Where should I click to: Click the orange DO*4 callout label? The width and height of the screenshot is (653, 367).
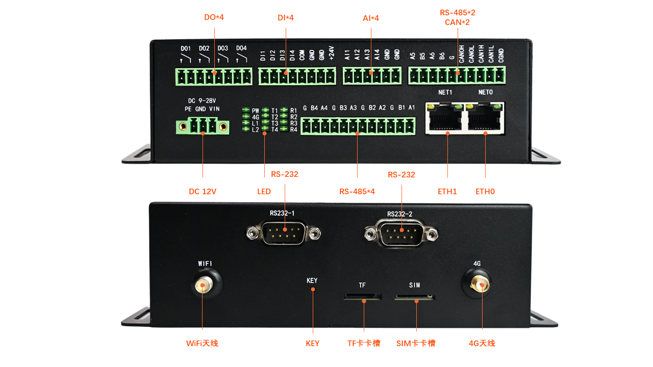click(x=214, y=17)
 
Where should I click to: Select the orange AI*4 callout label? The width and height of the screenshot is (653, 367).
click(x=371, y=18)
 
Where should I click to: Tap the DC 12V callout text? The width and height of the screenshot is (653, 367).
click(x=203, y=192)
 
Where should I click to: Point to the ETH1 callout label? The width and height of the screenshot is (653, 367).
click(x=447, y=192)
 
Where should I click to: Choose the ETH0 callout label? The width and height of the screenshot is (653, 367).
click(x=485, y=192)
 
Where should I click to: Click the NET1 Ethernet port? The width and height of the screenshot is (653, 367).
click(x=447, y=119)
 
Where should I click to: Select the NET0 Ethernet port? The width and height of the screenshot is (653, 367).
click(x=485, y=119)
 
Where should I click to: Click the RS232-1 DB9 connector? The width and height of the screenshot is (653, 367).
click(x=284, y=234)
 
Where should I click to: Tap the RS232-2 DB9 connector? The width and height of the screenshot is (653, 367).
click(x=401, y=234)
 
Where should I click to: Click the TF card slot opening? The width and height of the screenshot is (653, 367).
click(x=363, y=296)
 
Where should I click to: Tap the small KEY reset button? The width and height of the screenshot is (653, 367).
click(x=313, y=290)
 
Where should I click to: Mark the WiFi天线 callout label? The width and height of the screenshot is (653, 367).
click(x=202, y=344)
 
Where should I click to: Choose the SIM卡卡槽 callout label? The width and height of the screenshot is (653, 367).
click(x=416, y=344)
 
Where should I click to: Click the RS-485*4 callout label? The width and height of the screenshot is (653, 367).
click(x=357, y=192)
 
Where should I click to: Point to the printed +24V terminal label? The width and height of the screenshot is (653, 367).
click(x=331, y=53)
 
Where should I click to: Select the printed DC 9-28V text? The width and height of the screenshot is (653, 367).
click(x=203, y=100)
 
